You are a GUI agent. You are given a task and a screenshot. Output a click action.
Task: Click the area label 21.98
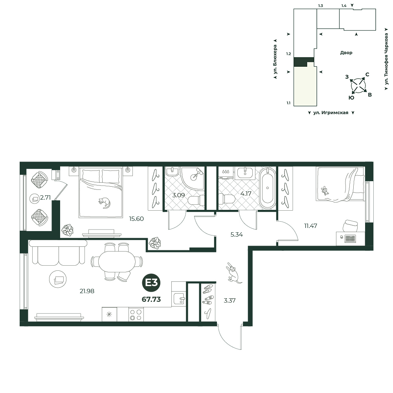click(x=87, y=291)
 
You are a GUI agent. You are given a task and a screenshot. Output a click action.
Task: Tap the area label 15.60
click(x=136, y=219)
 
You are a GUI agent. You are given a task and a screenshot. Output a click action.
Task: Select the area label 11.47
click(x=310, y=226)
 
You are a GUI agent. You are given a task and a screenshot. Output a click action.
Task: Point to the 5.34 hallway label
click(x=237, y=235)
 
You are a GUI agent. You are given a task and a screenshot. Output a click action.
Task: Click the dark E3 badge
click(x=151, y=283)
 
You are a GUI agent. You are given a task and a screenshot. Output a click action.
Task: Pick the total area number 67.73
click(x=151, y=299)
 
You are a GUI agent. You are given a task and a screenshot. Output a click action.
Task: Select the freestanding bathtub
click(x=267, y=189)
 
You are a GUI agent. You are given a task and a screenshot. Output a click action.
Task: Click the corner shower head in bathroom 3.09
click(x=196, y=174)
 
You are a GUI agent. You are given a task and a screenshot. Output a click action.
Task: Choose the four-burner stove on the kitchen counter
click(x=136, y=314)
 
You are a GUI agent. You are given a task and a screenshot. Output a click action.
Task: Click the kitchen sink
click(x=179, y=299)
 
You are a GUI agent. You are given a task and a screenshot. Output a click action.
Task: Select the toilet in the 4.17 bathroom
click(x=227, y=199)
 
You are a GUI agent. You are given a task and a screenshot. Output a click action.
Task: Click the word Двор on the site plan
click(x=346, y=53)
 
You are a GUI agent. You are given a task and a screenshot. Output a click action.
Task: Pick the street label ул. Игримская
click(x=331, y=113)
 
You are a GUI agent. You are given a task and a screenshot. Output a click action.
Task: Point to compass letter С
click(x=367, y=74)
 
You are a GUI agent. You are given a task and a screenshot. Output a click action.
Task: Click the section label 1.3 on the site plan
click(x=320, y=6)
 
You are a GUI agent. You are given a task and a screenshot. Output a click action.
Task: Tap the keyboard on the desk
click(x=350, y=238)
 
